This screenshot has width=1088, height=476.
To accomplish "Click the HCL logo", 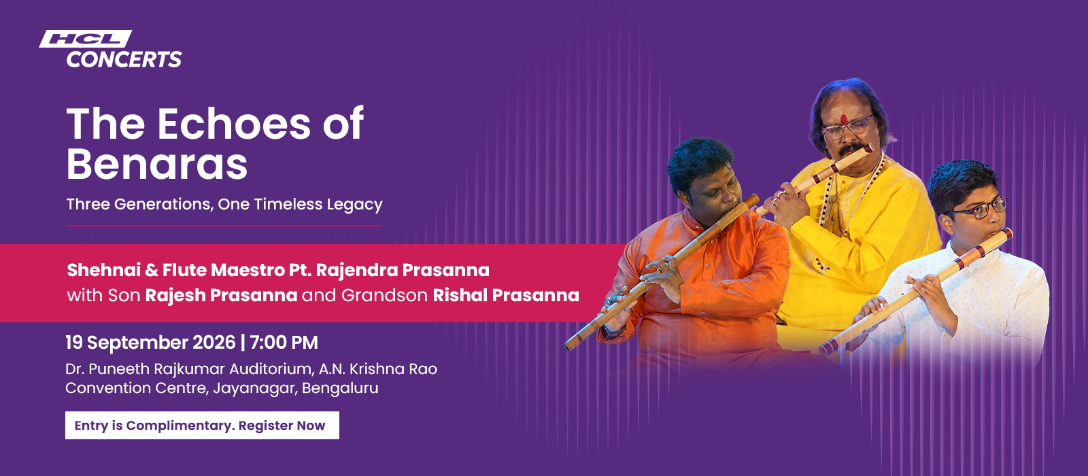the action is [x=86, y=39].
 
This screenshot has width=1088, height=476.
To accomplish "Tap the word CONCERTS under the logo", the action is [x=124, y=59].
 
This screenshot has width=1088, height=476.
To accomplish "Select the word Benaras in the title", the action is [x=157, y=164].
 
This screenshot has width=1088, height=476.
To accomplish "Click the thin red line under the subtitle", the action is [x=224, y=226].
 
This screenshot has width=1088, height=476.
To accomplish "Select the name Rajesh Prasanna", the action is [x=221, y=295].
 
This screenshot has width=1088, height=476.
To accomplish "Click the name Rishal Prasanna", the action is [x=506, y=295].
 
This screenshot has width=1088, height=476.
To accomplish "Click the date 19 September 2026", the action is [x=150, y=343].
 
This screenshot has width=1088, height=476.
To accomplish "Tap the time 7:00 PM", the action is [x=284, y=343].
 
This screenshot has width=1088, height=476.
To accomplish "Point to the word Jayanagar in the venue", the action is [x=255, y=388].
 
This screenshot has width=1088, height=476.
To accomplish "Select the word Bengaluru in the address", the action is [x=340, y=388].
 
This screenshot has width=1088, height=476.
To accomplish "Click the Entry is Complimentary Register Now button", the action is [x=202, y=426].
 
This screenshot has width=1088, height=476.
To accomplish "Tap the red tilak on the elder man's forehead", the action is [x=844, y=118].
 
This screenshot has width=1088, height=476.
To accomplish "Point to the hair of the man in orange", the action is [x=700, y=160].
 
